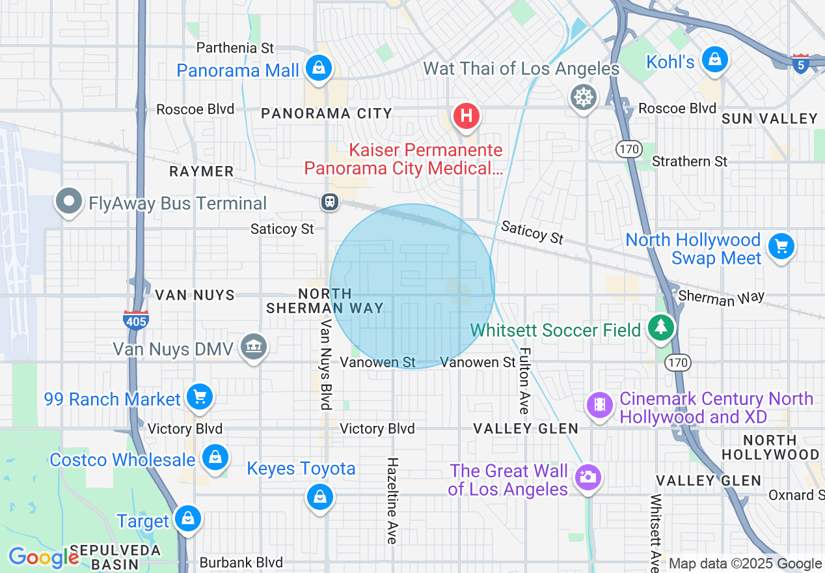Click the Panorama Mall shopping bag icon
[318, 67]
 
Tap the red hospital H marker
[466, 117]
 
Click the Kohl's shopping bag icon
[715, 59]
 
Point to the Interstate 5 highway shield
[801, 64]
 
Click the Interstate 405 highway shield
[136, 319]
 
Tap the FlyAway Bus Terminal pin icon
[68, 201]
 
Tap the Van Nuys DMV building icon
[253, 346]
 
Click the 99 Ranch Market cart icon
[199, 396]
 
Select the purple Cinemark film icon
[599, 406]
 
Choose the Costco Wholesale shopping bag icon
[214, 457]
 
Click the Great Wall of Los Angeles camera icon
[588, 477]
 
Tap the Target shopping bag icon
[187, 518]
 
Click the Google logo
[43, 557]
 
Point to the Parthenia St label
[235, 48]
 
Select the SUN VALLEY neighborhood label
[770, 119]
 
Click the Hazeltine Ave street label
[392, 500]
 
